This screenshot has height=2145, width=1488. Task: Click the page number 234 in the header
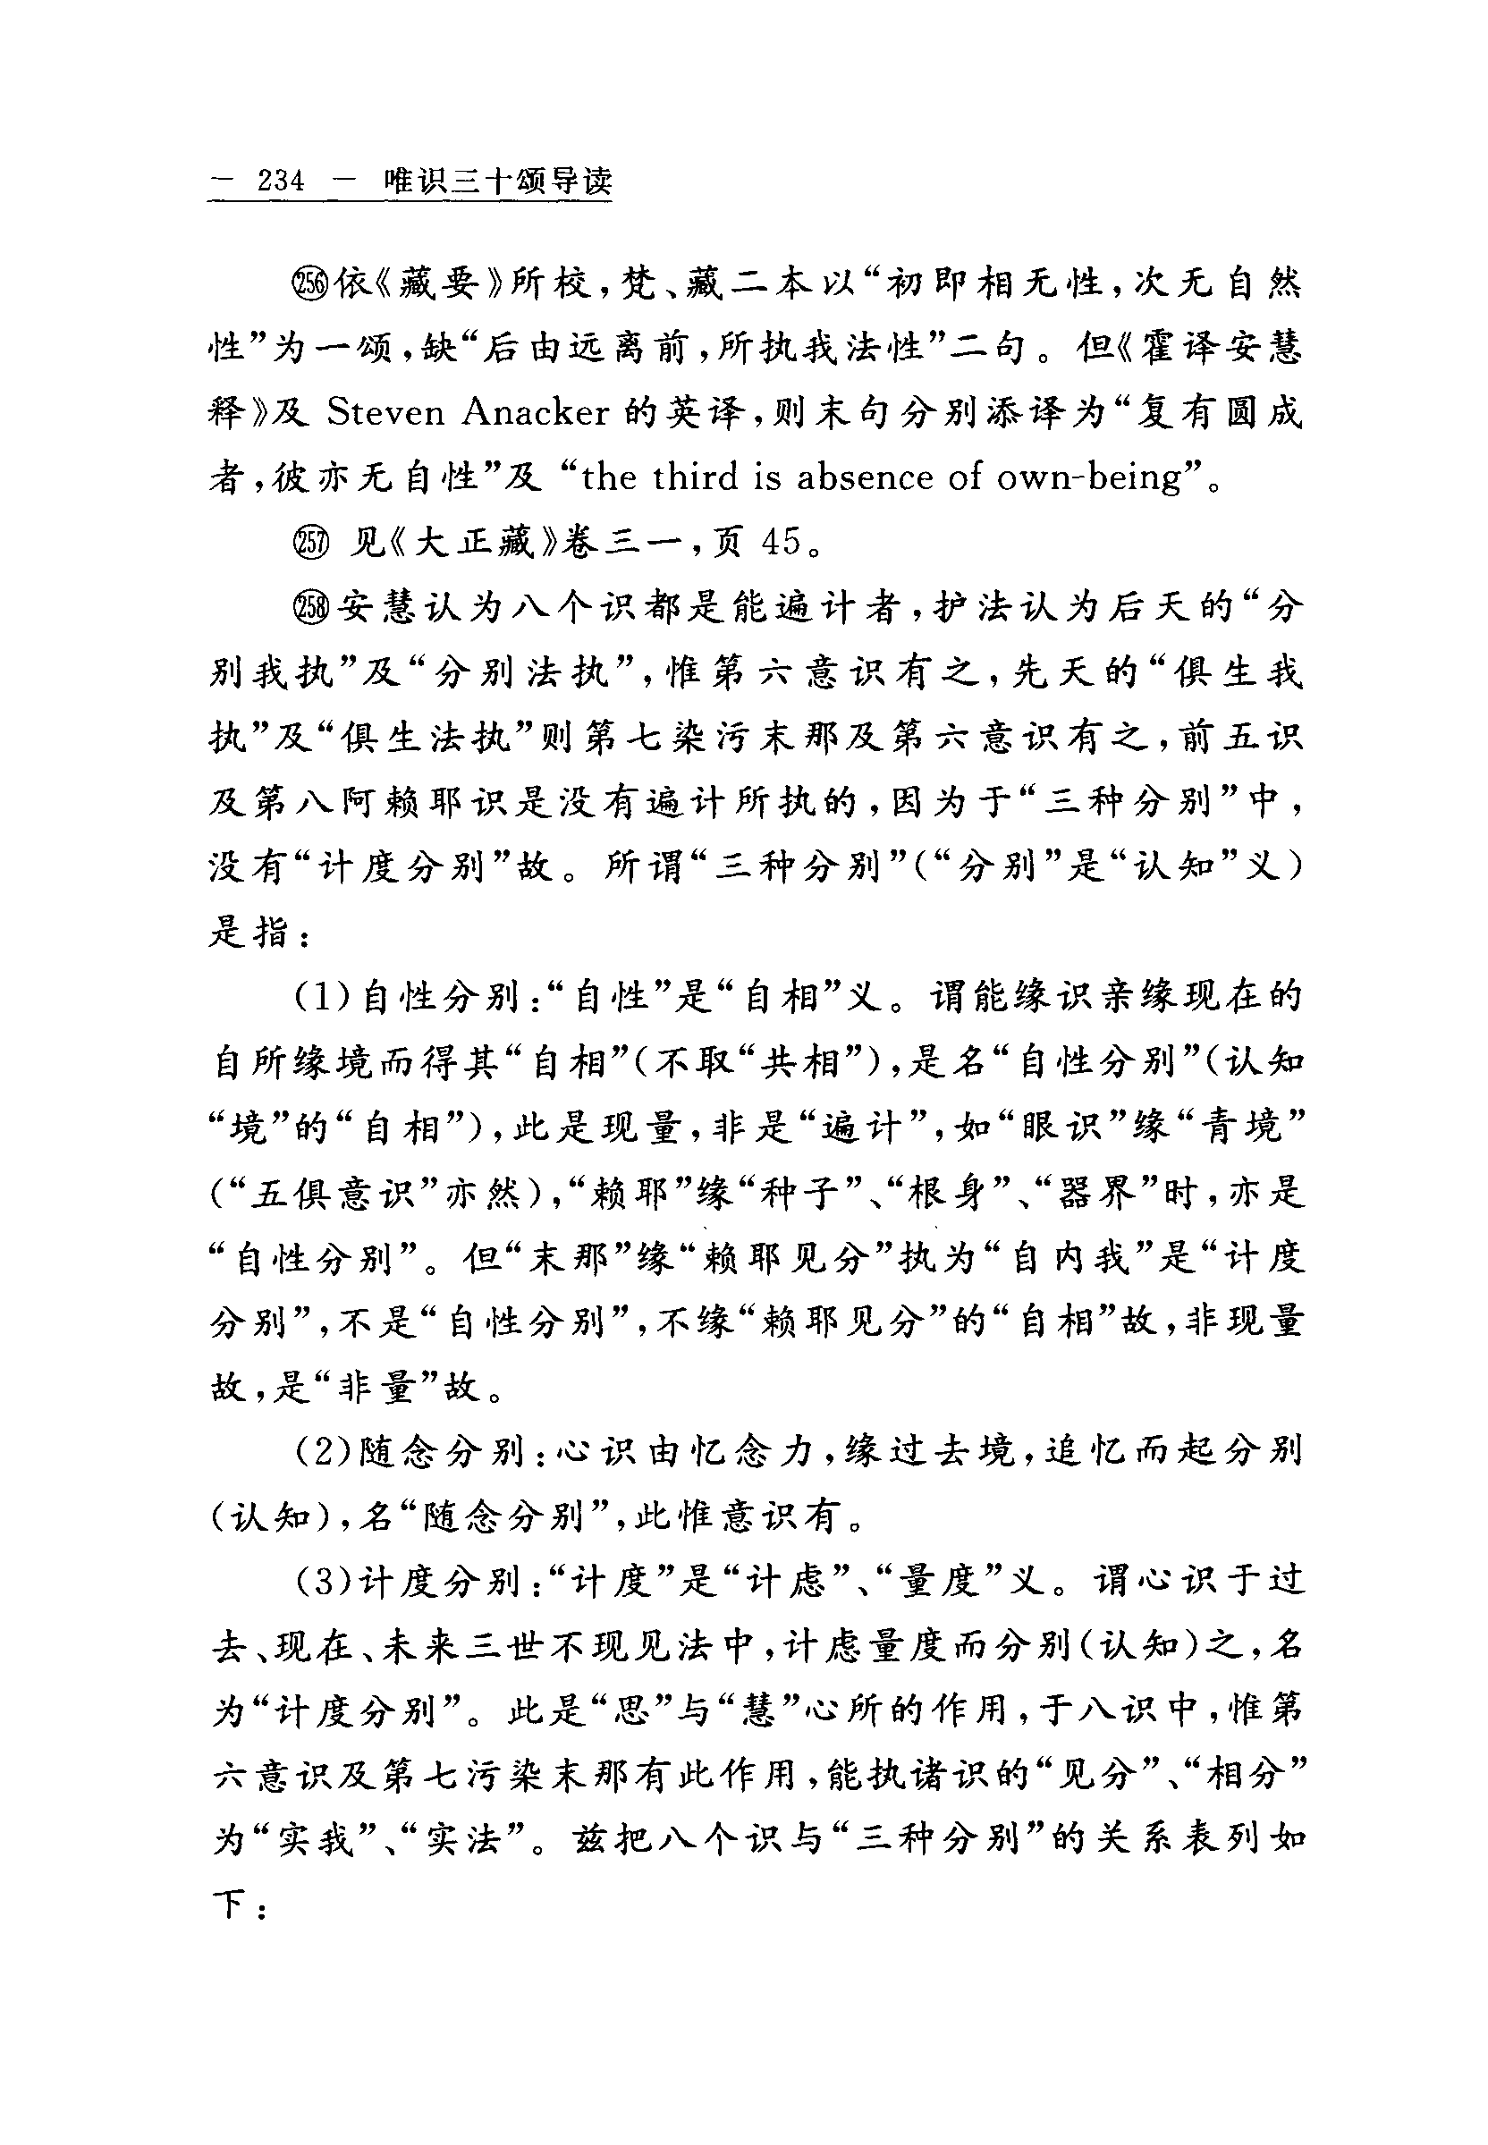click(281, 180)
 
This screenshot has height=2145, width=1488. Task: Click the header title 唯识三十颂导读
click(499, 180)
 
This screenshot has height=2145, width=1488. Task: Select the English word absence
click(863, 477)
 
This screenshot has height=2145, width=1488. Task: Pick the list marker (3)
click(323, 1582)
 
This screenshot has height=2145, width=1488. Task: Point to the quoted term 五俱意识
click(331, 1195)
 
